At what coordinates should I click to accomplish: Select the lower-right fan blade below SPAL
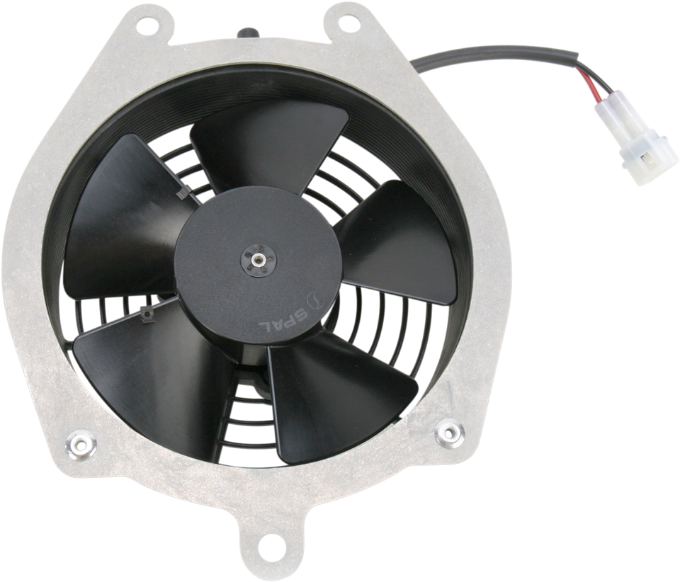click(x=340, y=404)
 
